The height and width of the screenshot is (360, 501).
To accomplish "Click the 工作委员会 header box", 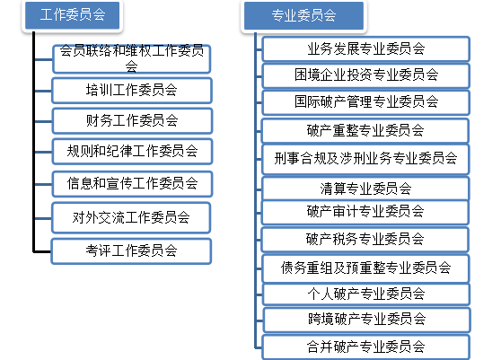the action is [x=72, y=15].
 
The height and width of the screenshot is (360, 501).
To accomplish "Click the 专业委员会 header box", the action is [x=303, y=15].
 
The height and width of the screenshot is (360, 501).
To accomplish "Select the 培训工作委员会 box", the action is [x=132, y=91].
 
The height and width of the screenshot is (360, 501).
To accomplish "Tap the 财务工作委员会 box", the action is [x=132, y=120].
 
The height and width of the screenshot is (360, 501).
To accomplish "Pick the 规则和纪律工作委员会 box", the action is [x=132, y=152].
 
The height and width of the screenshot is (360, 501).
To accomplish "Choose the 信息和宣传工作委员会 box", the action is [x=132, y=184].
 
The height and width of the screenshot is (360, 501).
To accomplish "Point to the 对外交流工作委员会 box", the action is [x=131, y=217].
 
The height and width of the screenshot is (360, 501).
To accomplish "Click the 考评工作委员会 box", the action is [x=131, y=251].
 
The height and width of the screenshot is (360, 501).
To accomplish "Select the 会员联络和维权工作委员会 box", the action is [x=132, y=58].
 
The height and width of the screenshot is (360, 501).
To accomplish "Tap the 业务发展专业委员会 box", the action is [x=365, y=48].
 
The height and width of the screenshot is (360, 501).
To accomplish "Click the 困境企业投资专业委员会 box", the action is [x=365, y=75].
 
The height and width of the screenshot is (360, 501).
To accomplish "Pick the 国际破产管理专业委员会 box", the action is [x=365, y=102].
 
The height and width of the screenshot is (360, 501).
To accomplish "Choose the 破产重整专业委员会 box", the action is [x=365, y=131].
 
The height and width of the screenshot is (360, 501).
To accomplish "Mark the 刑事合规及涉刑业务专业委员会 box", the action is [x=365, y=159].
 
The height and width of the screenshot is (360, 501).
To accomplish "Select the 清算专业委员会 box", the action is [x=365, y=189].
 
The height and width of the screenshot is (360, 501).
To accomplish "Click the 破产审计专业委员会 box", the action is [x=365, y=212].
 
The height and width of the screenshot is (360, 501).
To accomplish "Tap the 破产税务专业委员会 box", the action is [x=365, y=240].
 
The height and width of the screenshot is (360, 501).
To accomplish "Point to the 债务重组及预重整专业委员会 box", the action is [x=365, y=268].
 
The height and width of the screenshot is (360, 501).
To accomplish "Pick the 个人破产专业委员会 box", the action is [x=366, y=294].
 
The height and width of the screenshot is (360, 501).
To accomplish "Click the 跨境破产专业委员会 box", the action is [x=367, y=320].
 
